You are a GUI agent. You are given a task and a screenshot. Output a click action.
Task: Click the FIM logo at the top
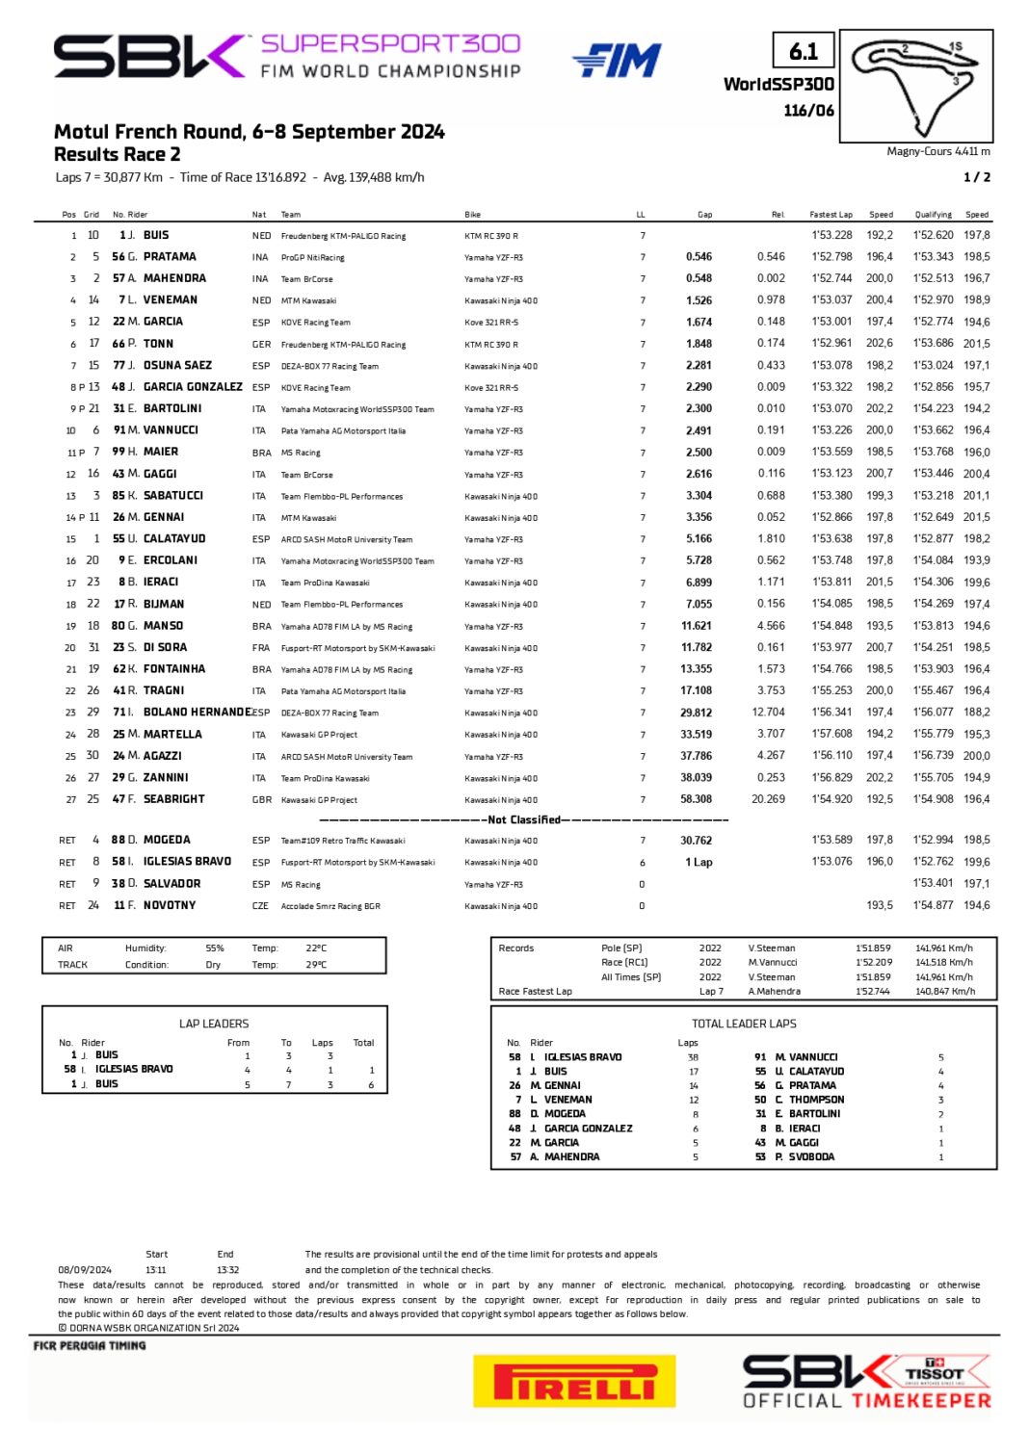click(x=617, y=61)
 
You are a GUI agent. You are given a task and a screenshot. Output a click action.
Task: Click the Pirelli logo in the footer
click(x=574, y=1382)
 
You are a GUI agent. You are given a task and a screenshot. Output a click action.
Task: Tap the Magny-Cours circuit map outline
click(x=916, y=86)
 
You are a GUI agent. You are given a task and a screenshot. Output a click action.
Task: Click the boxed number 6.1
click(x=803, y=51)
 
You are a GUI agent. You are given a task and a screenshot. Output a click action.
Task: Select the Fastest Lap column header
click(x=831, y=215)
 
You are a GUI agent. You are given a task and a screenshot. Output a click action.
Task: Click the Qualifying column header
click(x=933, y=215)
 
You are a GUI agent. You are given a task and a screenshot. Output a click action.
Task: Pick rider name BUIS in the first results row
click(x=156, y=235)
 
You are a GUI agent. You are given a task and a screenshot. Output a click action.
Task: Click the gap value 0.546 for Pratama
click(x=699, y=257)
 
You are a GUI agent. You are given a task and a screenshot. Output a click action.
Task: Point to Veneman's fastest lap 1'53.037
click(x=831, y=300)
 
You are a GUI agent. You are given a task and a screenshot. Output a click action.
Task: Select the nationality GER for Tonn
click(x=261, y=344)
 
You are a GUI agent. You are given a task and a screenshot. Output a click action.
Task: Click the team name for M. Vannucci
click(x=343, y=431)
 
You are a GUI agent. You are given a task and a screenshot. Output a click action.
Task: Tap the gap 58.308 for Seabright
click(x=696, y=799)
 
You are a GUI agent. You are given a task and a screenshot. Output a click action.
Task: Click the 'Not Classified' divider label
click(x=523, y=820)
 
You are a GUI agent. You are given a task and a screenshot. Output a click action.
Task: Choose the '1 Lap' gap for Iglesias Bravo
click(x=699, y=863)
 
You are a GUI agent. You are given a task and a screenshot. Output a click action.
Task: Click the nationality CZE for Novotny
click(x=260, y=906)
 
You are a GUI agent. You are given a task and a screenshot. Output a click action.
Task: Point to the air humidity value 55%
click(x=214, y=948)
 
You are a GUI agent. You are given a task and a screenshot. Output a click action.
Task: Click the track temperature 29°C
click(x=316, y=965)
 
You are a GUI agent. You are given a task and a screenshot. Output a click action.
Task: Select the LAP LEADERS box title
click(x=214, y=1024)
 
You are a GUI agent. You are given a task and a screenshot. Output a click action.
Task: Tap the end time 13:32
click(x=227, y=1270)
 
